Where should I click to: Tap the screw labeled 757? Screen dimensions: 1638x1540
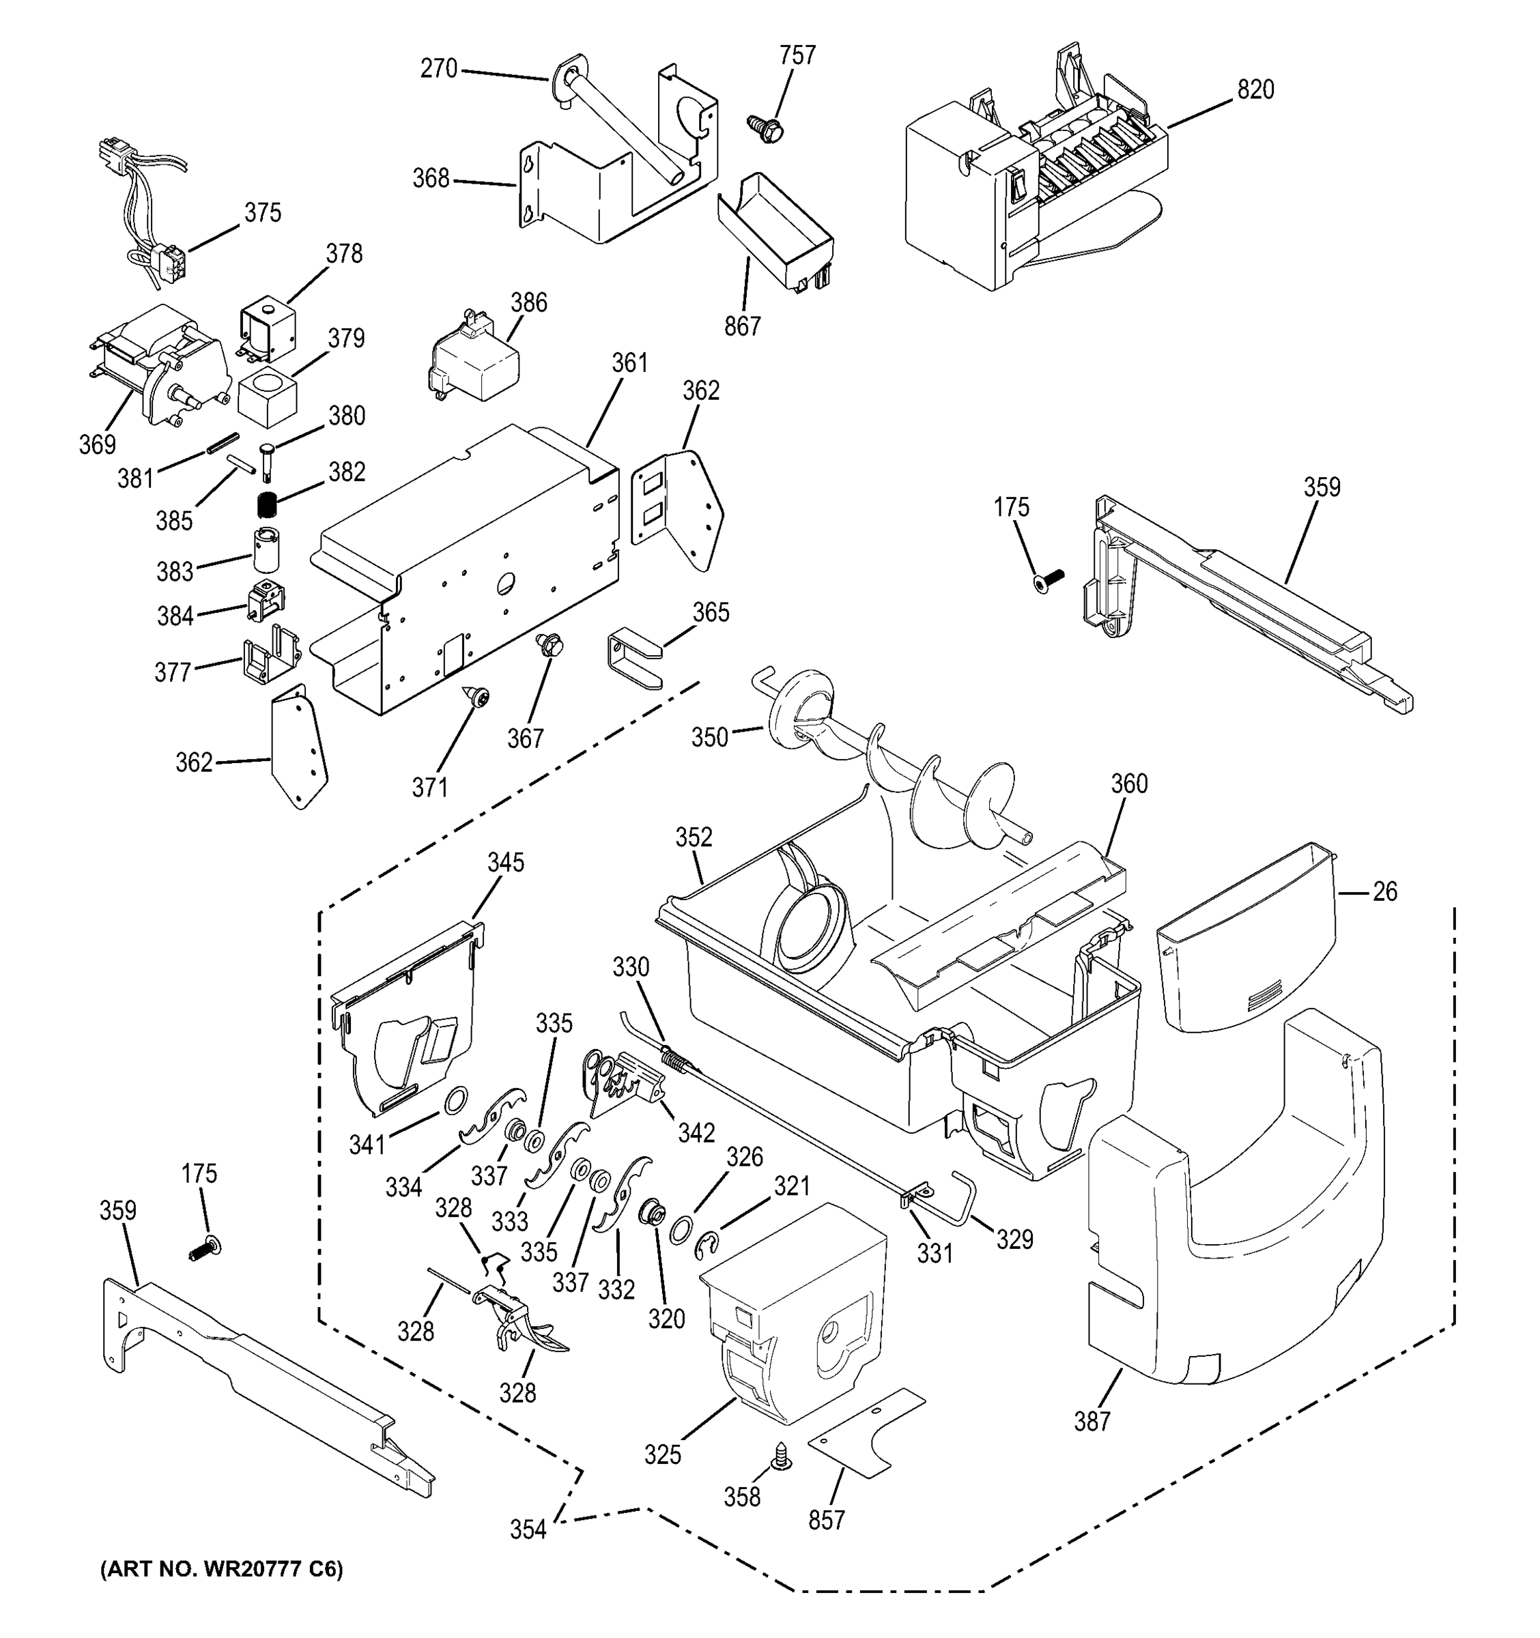click(x=764, y=127)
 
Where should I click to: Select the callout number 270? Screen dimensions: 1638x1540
click(x=438, y=68)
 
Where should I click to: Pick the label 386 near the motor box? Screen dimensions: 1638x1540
click(x=528, y=302)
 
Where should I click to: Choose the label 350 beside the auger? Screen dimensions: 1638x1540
click(x=709, y=736)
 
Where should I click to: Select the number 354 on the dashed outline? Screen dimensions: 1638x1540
click(x=528, y=1529)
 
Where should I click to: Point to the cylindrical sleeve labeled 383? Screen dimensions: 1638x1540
click(x=266, y=549)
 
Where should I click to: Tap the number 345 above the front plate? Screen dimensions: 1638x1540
click(x=505, y=863)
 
